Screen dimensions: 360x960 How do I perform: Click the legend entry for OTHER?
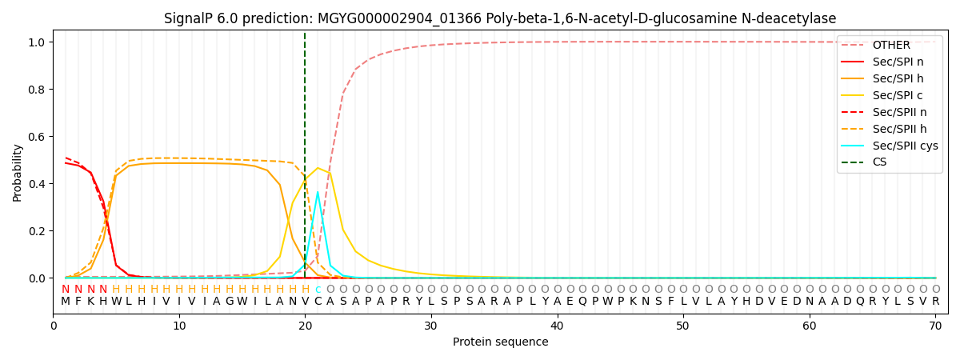(890, 45)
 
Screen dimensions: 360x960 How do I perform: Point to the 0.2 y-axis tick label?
(38, 231)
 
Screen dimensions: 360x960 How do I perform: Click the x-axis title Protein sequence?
(500, 342)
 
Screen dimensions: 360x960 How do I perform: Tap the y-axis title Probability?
(18, 172)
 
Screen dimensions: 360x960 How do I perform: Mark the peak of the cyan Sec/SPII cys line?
(318, 192)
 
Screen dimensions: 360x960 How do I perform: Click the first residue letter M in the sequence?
(66, 302)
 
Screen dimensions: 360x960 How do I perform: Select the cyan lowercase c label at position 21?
(318, 290)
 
